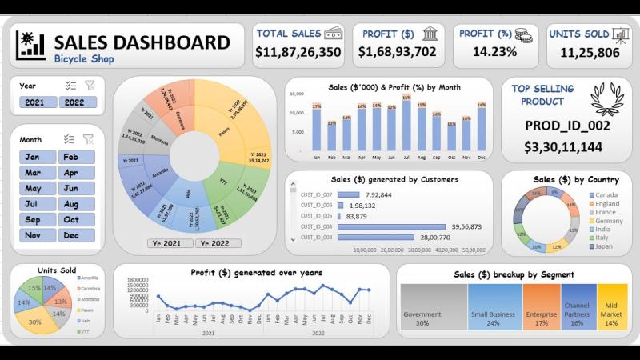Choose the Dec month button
coord(78,235)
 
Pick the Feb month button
coord(78,157)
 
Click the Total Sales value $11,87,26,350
coord(298,53)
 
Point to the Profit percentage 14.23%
coord(495,52)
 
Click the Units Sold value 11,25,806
coord(590,53)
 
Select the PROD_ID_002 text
coord(567,125)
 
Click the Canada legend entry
coord(606,195)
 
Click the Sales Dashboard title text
coord(142,42)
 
